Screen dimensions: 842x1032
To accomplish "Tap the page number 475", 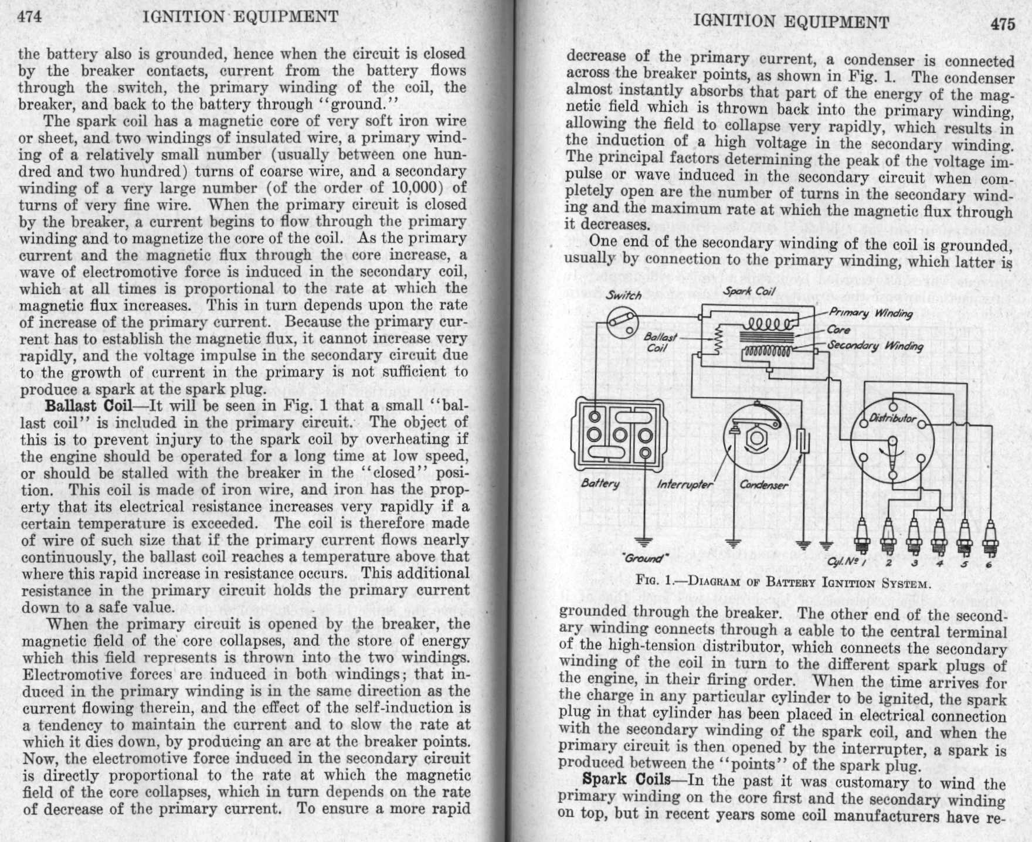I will (1002, 24).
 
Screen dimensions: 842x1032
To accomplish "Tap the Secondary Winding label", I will (875, 346).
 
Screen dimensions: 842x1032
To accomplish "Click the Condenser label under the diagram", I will (764, 485).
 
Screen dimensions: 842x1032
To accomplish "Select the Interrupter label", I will (684, 484).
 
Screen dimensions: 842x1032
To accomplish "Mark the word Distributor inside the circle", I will (892, 418).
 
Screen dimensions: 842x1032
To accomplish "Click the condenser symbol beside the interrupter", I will (802, 440).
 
